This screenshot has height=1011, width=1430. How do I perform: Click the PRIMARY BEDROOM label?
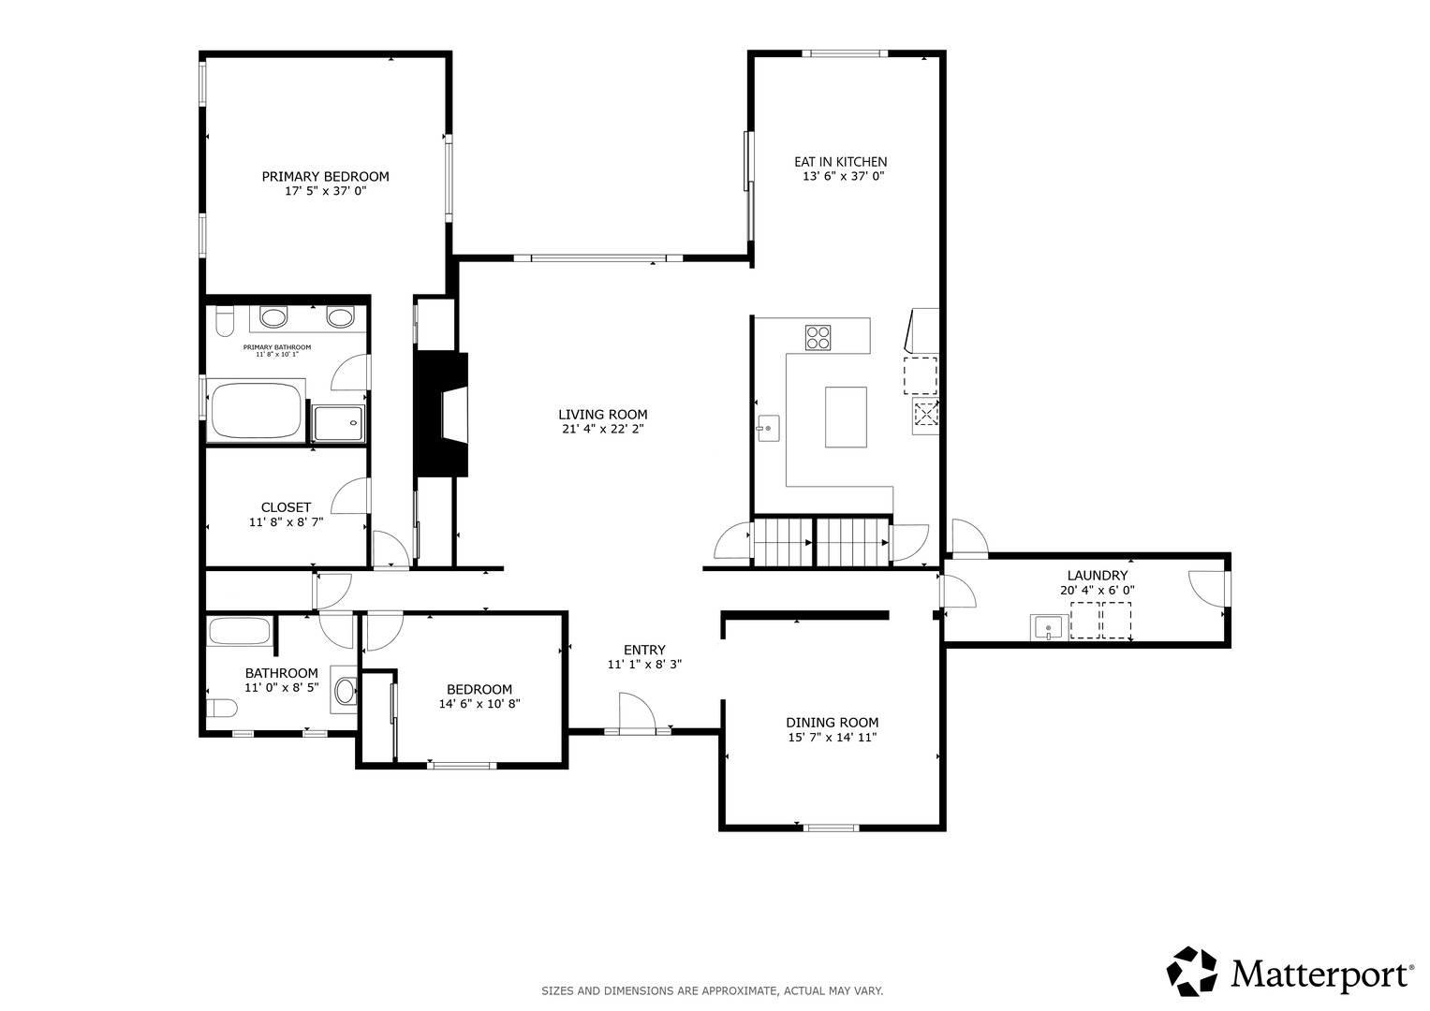click(325, 176)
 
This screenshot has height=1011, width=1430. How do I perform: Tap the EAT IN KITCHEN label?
click(840, 161)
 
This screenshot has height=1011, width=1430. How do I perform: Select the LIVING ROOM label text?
click(603, 414)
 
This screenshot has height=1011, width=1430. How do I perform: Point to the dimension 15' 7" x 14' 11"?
click(832, 738)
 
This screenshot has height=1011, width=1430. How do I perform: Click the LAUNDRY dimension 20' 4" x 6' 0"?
click(1098, 591)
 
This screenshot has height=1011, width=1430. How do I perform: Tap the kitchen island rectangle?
click(846, 417)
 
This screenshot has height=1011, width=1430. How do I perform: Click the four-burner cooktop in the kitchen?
click(818, 338)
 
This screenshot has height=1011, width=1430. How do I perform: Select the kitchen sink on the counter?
click(769, 428)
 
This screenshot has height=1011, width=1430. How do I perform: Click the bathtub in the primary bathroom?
click(256, 410)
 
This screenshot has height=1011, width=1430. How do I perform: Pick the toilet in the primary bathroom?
click(225, 321)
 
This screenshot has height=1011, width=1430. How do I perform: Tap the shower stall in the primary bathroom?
click(338, 423)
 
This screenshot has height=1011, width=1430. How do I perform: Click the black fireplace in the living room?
click(441, 414)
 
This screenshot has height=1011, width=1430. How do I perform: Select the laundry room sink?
click(1049, 626)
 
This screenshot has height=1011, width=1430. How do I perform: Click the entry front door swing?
click(637, 711)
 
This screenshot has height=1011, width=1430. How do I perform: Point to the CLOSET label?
click(286, 507)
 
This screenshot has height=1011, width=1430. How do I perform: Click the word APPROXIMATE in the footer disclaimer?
click(739, 991)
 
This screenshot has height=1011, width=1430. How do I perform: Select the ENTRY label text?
click(644, 650)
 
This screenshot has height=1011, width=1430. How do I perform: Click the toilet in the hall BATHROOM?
click(222, 708)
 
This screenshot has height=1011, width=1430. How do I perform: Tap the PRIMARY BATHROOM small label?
click(277, 347)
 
